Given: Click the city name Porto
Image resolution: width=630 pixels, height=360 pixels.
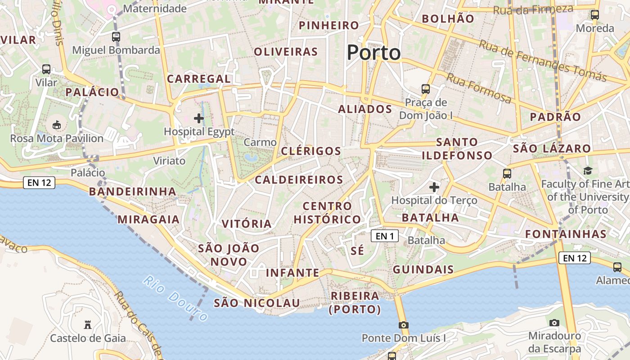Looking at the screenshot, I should tap(373, 53).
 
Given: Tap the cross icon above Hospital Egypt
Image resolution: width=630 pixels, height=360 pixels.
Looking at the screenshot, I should tap(198, 118).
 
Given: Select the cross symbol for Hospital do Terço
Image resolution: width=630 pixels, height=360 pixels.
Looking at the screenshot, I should tap(434, 187).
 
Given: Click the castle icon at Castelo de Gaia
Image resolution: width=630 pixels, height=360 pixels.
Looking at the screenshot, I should tap(88, 324).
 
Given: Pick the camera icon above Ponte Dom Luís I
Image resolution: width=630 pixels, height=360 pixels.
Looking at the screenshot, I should tap(404, 325).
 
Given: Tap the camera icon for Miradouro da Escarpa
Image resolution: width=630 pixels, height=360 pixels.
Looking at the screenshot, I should tap(554, 323).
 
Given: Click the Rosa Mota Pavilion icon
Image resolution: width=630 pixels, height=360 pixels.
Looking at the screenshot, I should tap(57, 125).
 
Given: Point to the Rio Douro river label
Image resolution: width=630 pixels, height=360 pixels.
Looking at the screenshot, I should tap(175, 298).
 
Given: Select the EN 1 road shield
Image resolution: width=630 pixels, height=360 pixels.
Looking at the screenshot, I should tap(385, 235).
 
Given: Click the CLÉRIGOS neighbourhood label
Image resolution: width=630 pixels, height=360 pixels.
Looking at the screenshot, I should tap(311, 151).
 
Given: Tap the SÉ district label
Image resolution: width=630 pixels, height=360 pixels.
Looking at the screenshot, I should tap(357, 251).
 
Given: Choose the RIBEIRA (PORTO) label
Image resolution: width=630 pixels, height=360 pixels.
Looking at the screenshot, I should tap(355, 302).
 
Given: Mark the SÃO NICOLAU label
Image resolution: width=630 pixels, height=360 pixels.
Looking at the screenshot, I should tap(256, 303).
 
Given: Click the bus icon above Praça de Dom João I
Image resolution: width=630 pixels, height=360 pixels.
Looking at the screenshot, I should tap(425, 89).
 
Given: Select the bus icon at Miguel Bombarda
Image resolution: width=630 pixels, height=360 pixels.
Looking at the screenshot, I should tap(116, 37).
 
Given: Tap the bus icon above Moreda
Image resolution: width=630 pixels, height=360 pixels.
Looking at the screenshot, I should tap(595, 15).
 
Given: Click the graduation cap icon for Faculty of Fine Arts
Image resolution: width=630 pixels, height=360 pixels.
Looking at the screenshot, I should tap(588, 171).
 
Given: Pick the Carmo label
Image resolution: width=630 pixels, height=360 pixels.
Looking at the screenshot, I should tap(260, 143).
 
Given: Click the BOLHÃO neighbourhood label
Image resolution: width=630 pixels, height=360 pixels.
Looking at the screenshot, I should tap(448, 19).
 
